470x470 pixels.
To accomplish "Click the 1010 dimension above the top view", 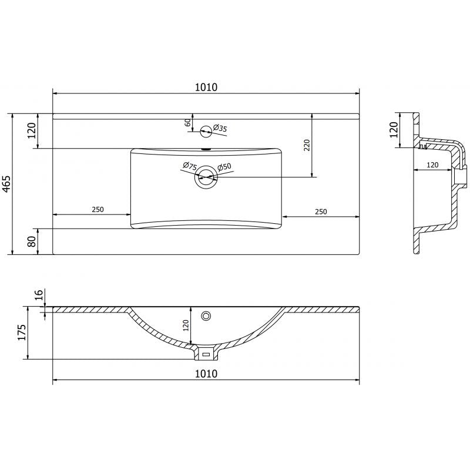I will pos(206,88).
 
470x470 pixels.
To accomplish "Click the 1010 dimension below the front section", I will pos(206,374).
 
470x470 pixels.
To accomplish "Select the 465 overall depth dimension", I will pos(7,184).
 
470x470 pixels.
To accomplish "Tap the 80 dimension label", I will pos(32,241).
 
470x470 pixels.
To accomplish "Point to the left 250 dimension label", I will pos(98,210).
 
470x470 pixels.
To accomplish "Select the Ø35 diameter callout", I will pos(220,128).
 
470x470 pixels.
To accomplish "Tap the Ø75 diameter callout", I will pos(189,167).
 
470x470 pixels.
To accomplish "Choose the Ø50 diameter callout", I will pos(224,168).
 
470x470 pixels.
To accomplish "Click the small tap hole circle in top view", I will pos(206,131).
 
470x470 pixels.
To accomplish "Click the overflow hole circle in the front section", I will pos(206,316).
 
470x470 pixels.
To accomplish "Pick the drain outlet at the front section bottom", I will pos(206,354).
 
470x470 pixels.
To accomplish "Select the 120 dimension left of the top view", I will pos(32,130).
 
